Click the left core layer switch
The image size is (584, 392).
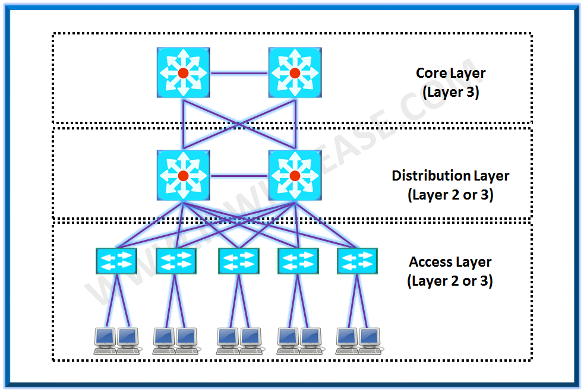tap(183, 73)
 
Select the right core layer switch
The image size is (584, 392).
tap(295, 73)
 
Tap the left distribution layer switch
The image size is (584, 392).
tap(183, 175)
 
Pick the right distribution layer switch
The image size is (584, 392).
tap(295, 175)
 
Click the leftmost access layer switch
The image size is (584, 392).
tap(116, 261)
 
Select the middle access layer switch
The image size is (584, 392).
tap(239, 261)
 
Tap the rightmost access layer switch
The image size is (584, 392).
tap(357, 261)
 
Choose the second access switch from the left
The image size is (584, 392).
tap(176, 261)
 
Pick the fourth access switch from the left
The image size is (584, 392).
tap(298, 261)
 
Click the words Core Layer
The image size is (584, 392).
tap(450, 73)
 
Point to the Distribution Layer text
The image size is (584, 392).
tap(450, 176)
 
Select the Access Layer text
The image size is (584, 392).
tap(450, 262)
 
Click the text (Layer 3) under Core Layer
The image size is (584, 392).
tap(450, 93)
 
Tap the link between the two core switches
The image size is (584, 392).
tap(239, 74)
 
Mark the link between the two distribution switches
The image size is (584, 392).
tap(239, 176)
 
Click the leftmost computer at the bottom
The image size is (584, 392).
tap(105, 340)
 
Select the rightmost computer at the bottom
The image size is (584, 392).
tap(370, 340)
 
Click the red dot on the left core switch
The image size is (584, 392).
tap(183, 73)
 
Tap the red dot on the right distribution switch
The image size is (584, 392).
tap(295, 176)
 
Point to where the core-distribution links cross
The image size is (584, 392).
tap(239, 125)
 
